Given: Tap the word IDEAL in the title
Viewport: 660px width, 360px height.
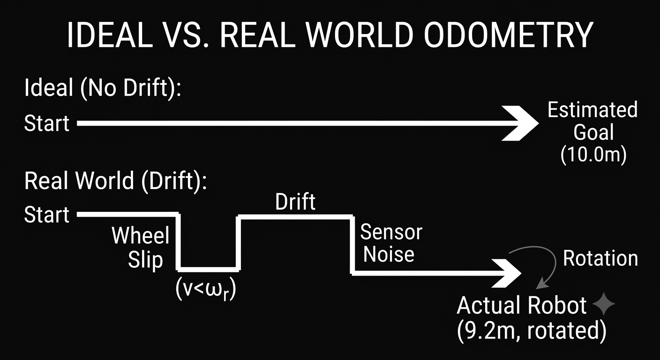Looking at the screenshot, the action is pyautogui.click(x=110, y=35).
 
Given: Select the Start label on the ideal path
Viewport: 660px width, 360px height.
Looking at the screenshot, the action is pyautogui.click(x=46, y=123).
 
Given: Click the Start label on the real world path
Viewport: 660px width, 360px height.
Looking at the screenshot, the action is pyautogui.click(x=46, y=215).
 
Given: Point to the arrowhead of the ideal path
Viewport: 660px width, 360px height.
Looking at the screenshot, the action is pyautogui.click(x=520, y=123).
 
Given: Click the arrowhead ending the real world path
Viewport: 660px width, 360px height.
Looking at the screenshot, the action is pyautogui.click(x=506, y=273).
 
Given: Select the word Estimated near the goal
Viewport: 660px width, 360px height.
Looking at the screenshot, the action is pyautogui.click(x=592, y=110).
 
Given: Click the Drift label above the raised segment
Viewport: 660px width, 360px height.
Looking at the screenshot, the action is pyautogui.click(x=295, y=202).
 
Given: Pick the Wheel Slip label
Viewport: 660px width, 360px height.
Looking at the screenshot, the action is pyautogui.click(x=141, y=248).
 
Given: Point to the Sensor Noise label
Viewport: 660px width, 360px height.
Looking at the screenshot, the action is pyautogui.click(x=391, y=243).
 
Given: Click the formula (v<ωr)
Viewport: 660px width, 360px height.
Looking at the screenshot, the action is pyautogui.click(x=206, y=289).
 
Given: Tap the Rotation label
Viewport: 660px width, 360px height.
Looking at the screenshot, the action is pyautogui.click(x=600, y=258).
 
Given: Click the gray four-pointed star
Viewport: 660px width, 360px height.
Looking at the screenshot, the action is pyautogui.click(x=603, y=304).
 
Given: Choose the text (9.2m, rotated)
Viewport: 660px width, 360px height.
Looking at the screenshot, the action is pyautogui.click(x=531, y=331).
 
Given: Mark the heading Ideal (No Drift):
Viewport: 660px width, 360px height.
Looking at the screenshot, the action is pyautogui.click(x=103, y=88).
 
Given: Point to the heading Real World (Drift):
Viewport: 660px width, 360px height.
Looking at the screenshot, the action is pyautogui.click(x=115, y=180).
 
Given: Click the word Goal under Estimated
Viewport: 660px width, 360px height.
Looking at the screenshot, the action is pyautogui.click(x=593, y=132).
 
